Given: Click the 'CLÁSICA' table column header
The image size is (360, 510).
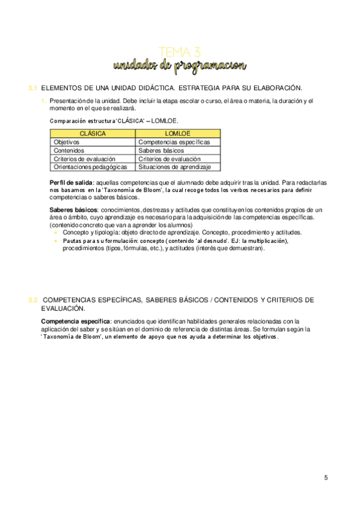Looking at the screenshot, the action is (93, 133).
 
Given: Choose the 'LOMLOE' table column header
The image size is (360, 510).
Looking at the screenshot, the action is (178, 133).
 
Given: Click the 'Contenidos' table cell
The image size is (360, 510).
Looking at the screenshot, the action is (69, 150).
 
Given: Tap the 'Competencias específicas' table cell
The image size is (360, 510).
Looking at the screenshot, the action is (174, 142).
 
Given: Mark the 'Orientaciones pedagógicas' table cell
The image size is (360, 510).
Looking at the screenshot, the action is (90, 167).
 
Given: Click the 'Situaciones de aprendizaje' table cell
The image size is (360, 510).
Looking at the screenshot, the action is (174, 167).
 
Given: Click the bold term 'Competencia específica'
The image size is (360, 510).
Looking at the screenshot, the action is (75, 322).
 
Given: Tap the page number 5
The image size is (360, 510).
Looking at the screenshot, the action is (326, 478).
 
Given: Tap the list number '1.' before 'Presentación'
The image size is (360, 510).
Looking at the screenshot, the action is (44, 101).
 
